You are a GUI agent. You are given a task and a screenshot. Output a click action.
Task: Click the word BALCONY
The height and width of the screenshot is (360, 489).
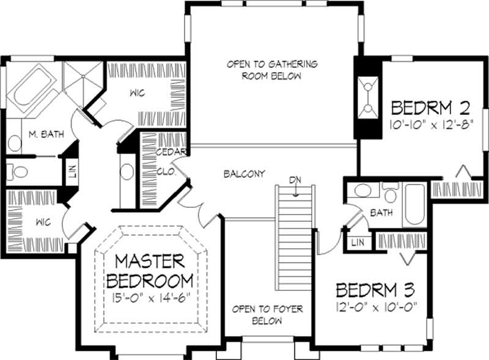(244, 174)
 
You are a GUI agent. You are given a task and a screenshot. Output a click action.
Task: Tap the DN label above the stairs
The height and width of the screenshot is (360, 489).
(296, 180)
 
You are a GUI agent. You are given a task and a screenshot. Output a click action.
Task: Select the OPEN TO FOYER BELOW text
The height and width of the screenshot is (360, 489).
(267, 315)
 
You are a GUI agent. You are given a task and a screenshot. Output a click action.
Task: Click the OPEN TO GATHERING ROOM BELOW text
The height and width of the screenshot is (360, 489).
(272, 70)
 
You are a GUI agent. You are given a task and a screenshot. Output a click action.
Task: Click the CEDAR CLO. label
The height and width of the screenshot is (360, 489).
(167, 162)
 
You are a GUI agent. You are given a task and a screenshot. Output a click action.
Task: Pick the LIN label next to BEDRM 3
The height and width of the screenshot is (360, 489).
(357, 243)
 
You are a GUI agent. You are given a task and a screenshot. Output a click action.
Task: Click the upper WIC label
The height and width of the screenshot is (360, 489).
(136, 94)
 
